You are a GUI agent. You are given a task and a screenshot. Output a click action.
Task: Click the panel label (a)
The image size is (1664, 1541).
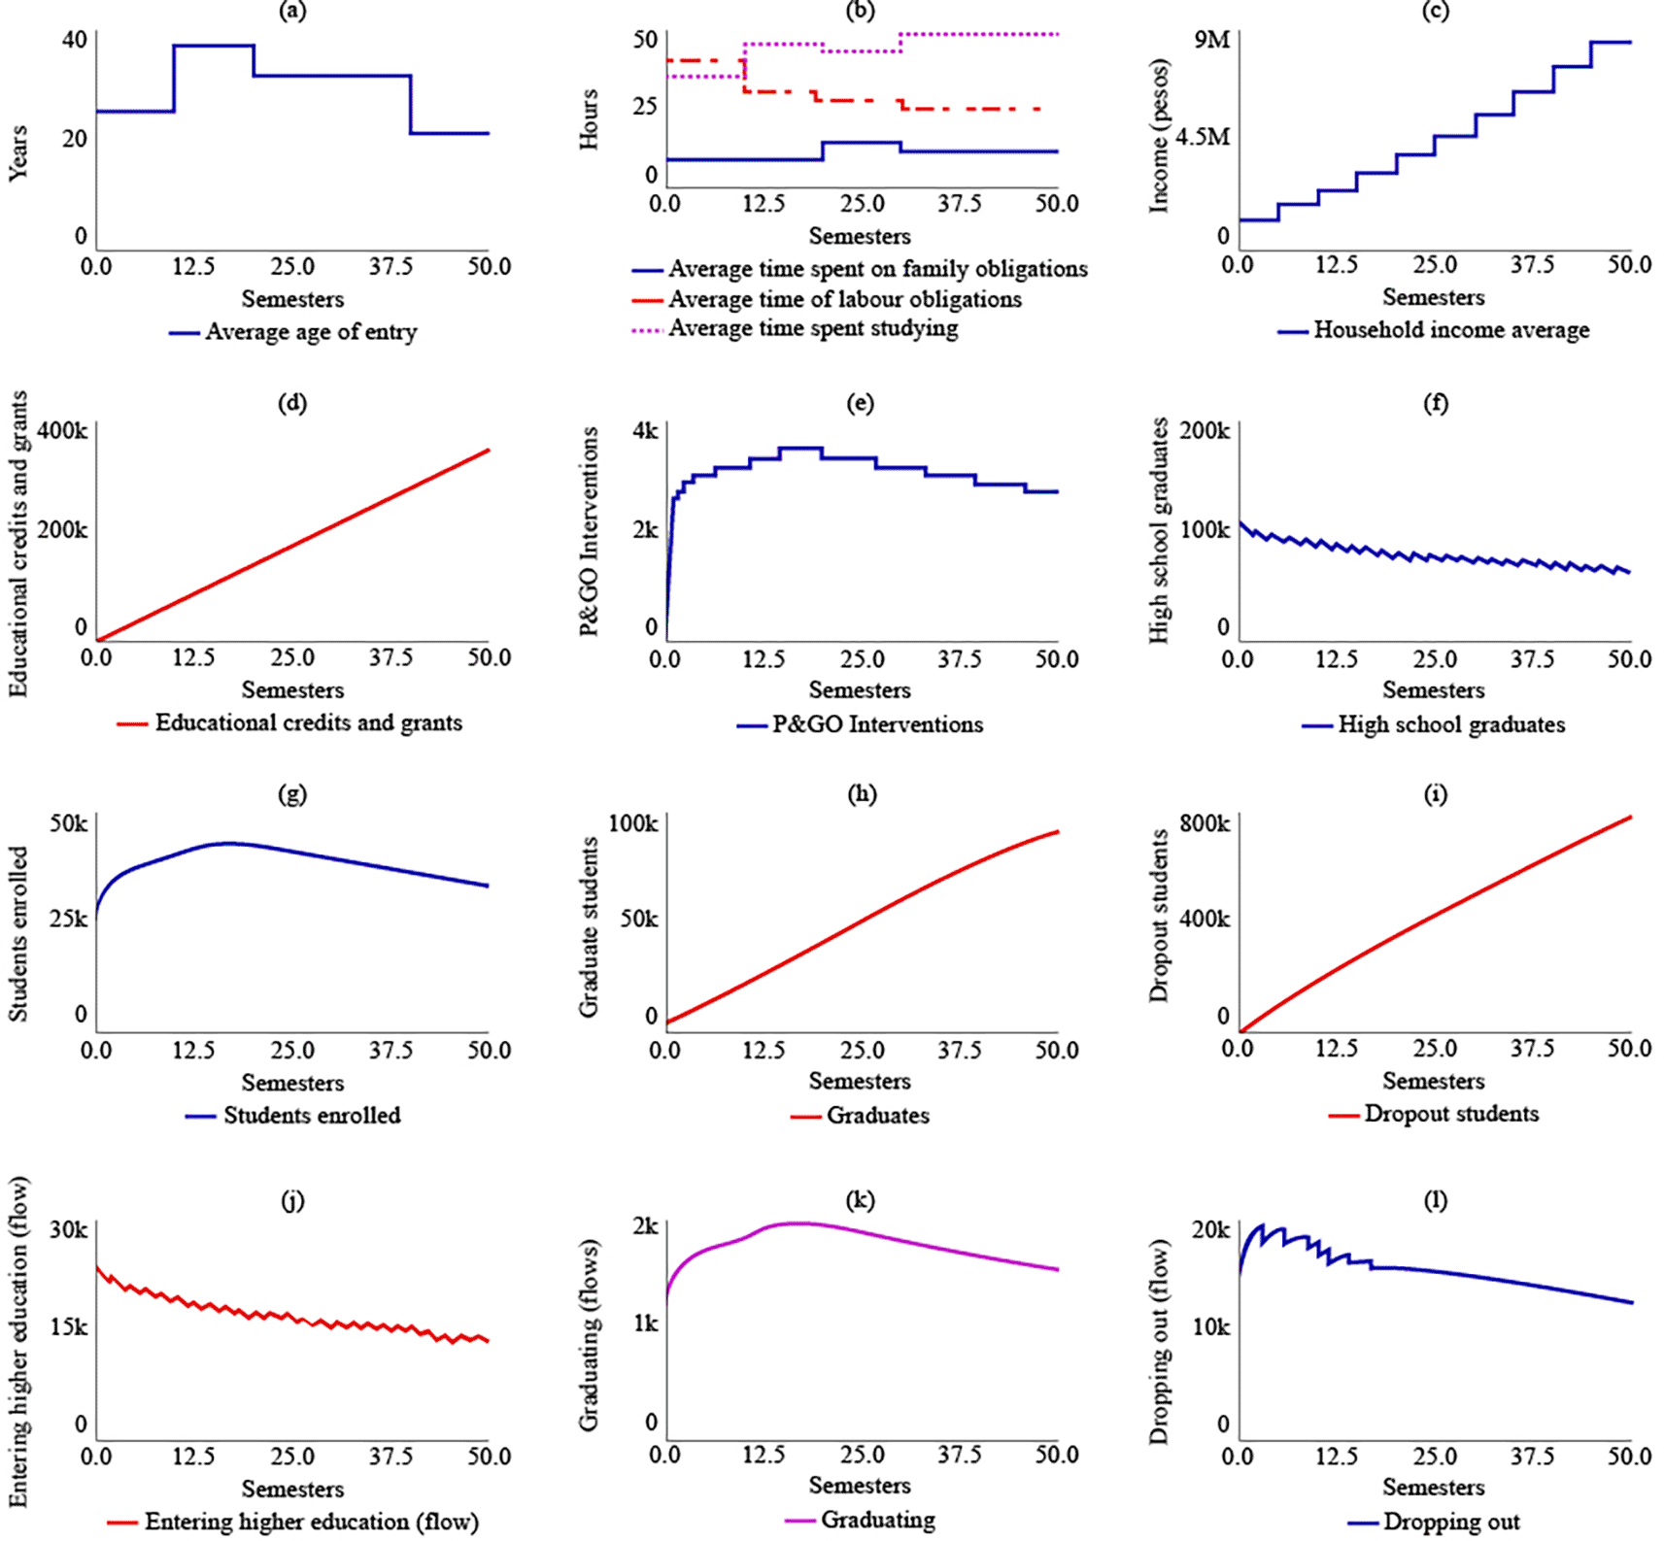(x=292, y=12)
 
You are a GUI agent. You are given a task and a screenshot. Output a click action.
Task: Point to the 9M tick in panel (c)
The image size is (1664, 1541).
(x=1211, y=40)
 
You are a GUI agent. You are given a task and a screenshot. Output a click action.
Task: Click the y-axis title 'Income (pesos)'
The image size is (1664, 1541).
(x=1159, y=136)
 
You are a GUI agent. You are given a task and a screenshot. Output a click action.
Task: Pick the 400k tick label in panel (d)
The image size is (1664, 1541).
(x=63, y=430)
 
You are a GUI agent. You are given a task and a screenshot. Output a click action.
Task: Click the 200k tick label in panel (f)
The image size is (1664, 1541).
(x=1205, y=430)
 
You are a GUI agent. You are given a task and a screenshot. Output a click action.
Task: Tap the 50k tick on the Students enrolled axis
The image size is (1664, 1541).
(x=68, y=823)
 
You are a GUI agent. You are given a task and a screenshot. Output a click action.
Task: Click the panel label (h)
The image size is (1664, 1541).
(x=861, y=794)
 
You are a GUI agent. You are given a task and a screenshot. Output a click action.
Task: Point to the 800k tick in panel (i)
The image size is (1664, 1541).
(x=1205, y=823)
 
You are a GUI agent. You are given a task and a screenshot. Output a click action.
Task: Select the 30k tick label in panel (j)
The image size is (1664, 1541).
(x=69, y=1229)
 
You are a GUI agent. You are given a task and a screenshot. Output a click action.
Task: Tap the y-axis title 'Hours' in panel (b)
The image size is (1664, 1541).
(x=589, y=119)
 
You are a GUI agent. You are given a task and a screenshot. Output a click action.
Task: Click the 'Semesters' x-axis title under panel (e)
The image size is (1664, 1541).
(x=860, y=690)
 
